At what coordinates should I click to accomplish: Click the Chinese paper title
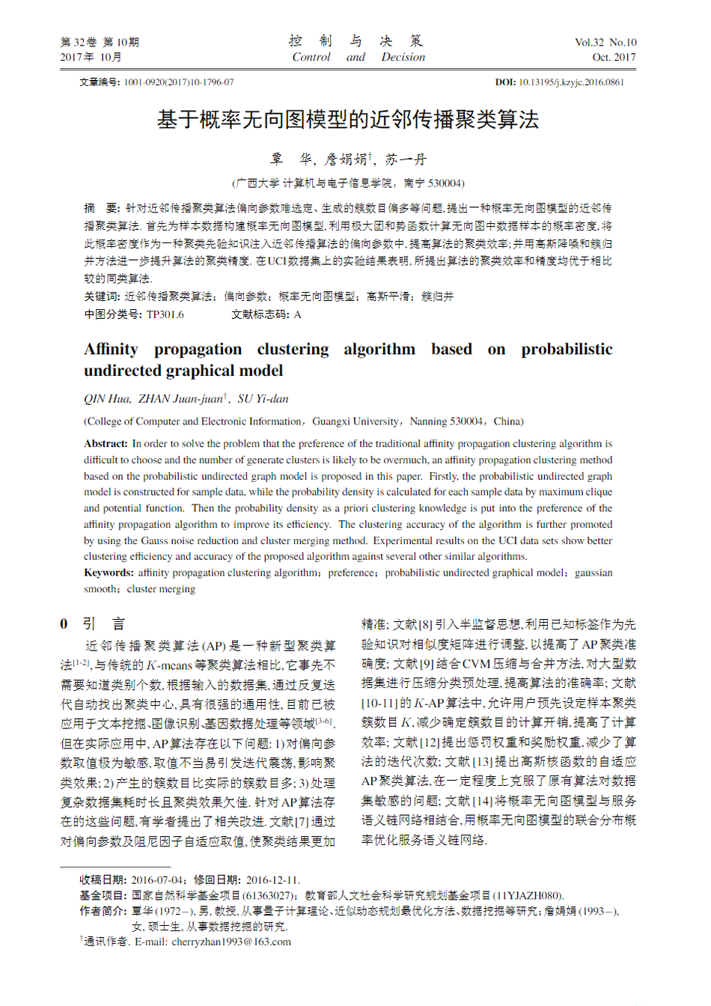click(x=347, y=120)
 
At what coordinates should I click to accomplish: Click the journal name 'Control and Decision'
click(x=358, y=57)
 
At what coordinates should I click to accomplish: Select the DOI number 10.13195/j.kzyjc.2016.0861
click(x=571, y=82)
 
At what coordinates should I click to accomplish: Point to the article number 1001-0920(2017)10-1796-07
click(x=179, y=82)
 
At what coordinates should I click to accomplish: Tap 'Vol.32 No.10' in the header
click(x=605, y=43)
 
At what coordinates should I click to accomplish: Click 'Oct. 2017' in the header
click(x=614, y=57)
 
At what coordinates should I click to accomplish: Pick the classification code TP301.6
click(x=165, y=314)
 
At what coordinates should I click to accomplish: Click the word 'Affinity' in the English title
click(x=111, y=350)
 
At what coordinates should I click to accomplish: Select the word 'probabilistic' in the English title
click(x=567, y=350)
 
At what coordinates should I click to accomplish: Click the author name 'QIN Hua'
click(x=107, y=399)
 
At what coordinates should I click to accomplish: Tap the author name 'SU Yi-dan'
click(x=263, y=399)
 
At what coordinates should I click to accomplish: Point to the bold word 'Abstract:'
click(x=106, y=443)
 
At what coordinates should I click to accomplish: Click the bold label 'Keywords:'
click(x=109, y=573)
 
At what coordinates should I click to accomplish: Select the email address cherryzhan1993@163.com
click(x=231, y=942)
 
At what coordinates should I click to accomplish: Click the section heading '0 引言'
click(x=93, y=624)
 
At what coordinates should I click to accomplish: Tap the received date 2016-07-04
click(x=157, y=880)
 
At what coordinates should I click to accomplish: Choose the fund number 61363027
click(x=267, y=895)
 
